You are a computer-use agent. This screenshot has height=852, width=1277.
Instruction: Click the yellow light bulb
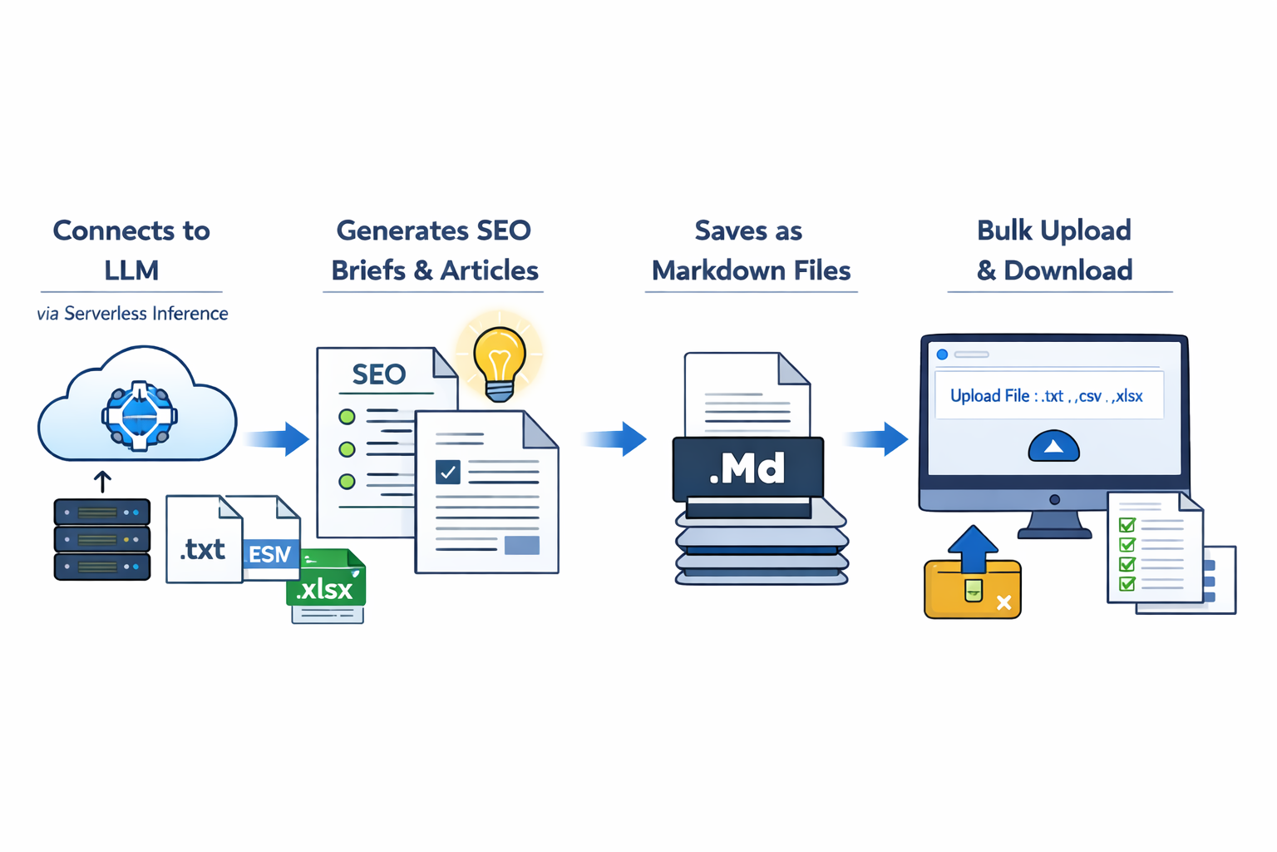coord(500,360)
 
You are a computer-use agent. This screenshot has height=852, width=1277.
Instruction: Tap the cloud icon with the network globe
coord(138,409)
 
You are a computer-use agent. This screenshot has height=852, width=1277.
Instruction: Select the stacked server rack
coord(102,538)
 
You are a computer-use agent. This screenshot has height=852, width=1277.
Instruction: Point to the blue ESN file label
coord(270,553)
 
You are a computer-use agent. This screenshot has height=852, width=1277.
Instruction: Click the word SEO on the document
coord(378,374)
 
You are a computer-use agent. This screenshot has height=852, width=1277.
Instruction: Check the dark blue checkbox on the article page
coord(448,472)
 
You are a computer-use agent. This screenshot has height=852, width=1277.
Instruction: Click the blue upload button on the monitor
coord(1053,447)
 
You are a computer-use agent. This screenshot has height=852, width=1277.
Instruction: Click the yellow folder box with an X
coord(973,589)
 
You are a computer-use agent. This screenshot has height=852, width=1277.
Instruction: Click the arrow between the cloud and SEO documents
coord(279,438)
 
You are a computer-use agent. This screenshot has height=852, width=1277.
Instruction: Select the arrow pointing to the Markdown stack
coord(616,438)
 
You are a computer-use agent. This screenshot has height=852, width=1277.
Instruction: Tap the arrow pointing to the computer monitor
coord(877,438)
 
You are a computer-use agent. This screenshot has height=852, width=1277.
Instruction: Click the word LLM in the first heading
coord(131,270)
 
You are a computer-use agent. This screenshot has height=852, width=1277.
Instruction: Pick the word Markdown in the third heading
coord(709,270)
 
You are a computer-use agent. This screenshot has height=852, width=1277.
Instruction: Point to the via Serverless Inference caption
coord(132,314)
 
